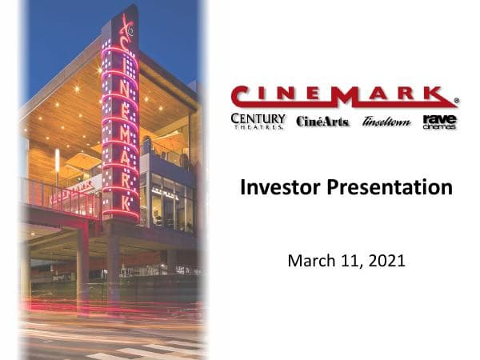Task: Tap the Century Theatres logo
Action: pos(258,122)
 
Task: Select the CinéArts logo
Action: pos(322,122)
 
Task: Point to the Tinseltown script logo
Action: pos(386,122)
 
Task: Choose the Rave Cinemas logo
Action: pos(439,122)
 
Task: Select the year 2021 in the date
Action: pos(388,260)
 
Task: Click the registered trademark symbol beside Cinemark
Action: pos(456,102)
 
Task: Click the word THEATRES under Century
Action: pos(258,128)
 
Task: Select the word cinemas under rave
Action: pos(439,127)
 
